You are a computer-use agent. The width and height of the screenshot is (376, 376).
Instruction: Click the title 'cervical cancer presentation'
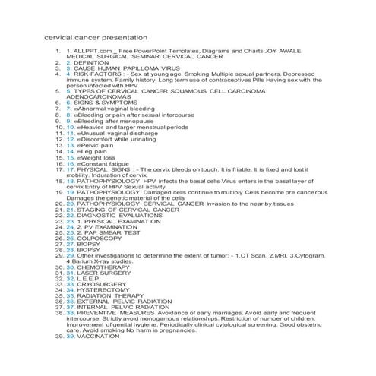(x=95, y=37)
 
